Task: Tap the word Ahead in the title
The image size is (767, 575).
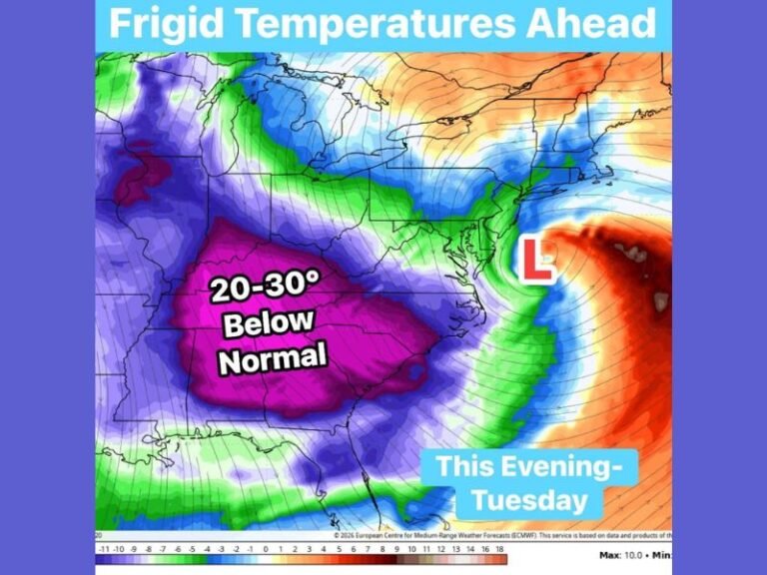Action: click(x=588, y=23)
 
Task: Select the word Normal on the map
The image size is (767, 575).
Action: click(x=273, y=355)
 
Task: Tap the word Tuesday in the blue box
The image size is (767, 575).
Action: click(x=530, y=499)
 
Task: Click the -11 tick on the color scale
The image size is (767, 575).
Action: click(x=104, y=548)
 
